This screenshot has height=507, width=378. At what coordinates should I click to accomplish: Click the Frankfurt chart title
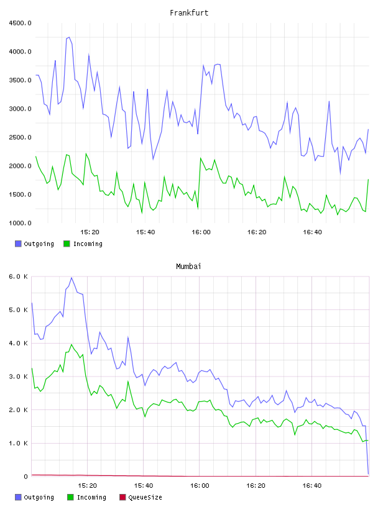189,13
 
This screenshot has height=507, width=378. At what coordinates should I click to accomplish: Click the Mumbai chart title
188,267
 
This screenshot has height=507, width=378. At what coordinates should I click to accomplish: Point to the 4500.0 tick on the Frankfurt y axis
20,23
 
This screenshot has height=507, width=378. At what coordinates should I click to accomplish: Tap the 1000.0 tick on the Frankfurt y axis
20,223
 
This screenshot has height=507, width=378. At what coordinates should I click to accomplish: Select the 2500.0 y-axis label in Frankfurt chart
20,137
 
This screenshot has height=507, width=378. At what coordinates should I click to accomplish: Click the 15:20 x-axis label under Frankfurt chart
90,232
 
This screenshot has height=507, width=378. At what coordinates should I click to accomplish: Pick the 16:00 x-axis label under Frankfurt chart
201,232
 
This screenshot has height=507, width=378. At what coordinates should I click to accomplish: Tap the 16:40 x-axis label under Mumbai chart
312,485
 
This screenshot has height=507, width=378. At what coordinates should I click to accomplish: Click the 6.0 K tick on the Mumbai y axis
19,276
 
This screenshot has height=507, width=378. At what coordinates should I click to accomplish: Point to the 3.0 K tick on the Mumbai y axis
19,377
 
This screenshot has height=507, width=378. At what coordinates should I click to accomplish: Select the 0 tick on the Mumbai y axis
26,477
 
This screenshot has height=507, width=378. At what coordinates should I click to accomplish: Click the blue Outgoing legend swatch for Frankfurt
18,244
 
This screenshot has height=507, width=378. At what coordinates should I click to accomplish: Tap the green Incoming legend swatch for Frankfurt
67,244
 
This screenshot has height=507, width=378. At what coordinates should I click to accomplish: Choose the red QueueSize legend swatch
122,497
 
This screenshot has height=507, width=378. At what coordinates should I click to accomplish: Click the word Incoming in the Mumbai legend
91,497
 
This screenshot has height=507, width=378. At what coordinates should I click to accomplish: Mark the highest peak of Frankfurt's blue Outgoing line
69,37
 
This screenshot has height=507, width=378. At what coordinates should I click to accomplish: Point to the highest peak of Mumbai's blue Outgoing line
71,278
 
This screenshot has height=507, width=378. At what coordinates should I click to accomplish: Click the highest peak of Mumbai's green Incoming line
72,344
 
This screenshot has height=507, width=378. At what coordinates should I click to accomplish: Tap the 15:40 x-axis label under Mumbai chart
144,485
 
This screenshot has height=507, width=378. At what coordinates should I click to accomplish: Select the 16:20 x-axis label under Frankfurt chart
257,232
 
